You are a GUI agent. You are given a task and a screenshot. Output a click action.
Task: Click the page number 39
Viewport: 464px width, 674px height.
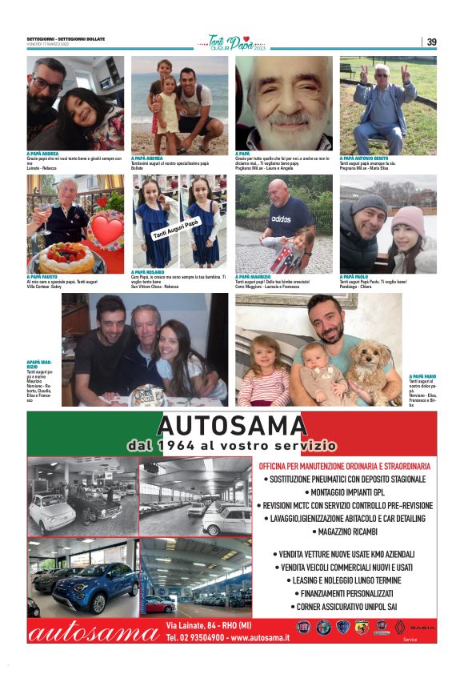click(431, 42)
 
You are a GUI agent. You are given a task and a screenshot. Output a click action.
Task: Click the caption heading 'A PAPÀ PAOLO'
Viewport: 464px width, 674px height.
click(357, 276)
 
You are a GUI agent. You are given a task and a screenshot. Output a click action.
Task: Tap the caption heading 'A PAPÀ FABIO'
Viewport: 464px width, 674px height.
click(422, 376)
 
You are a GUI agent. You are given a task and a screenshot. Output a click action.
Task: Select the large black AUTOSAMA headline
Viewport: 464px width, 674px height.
click(232, 425)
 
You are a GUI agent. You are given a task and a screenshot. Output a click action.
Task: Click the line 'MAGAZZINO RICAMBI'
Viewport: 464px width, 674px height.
click(347, 532)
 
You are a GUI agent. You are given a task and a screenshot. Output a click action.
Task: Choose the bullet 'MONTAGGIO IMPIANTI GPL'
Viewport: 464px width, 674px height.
click(346, 492)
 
